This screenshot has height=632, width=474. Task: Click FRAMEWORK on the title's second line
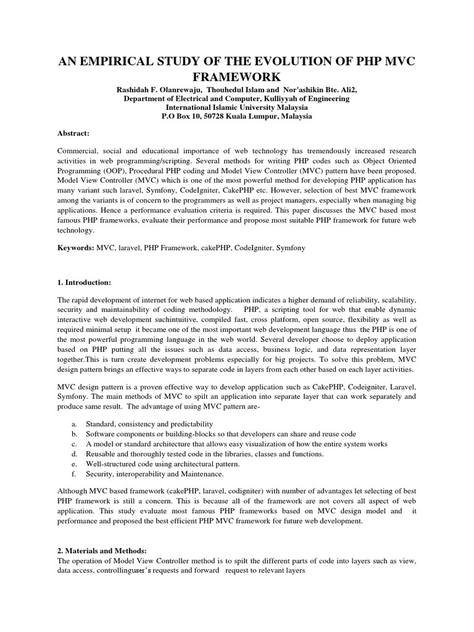(x=236, y=78)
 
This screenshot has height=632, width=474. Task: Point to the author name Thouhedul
(x=231, y=90)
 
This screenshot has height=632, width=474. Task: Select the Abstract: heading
(x=73, y=133)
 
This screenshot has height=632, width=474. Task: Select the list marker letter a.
(x=73, y=424)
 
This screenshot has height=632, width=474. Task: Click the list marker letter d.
(x=73, y=454)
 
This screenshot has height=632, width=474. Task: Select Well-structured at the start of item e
(x=109, y=464)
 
